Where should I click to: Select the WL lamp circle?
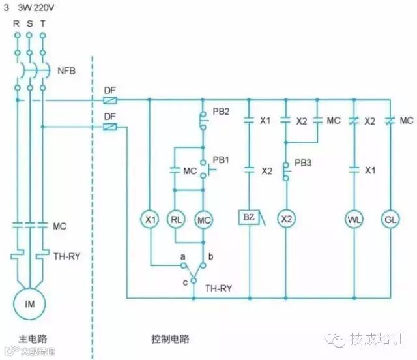[354, 219]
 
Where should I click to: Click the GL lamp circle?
[390, 219]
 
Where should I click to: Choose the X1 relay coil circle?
[150, 220]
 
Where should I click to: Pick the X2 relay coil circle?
[285, 219]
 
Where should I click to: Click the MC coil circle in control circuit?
[205, 220]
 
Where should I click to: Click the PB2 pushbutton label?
[222, 112]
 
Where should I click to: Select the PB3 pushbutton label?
[304, 162]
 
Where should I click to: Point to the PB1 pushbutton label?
[221, 159]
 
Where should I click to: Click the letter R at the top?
[16, 23]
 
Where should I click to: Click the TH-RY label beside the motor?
[66, 256]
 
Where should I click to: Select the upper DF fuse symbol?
[111, 100]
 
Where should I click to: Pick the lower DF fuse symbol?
[111, 127]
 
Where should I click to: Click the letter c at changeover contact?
[184, 281]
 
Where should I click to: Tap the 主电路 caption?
[33, 339]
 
